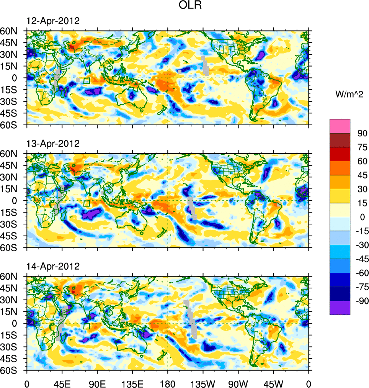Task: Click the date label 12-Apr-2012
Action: pos(53,21)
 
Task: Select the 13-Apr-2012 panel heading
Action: pos(53,144)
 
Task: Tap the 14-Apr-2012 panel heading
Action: pos(53,266)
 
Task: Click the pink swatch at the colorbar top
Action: pos(340,126)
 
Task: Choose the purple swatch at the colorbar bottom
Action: pos(340,308)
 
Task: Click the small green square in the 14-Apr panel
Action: pos(87,326)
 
